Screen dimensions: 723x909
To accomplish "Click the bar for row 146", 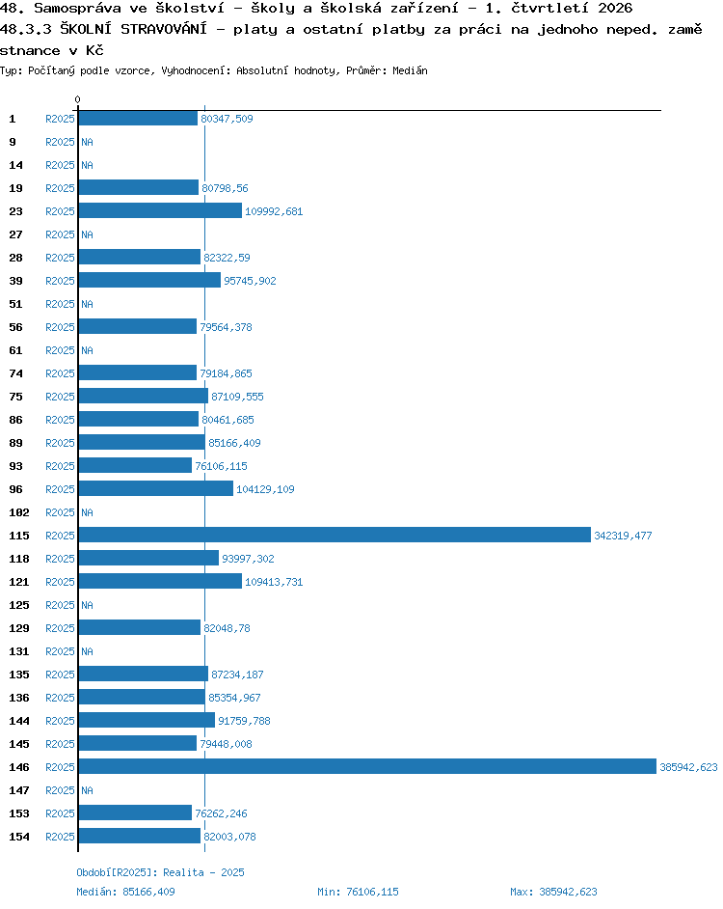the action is pos(367,766).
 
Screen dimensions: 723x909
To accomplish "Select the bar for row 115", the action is pos(335,535).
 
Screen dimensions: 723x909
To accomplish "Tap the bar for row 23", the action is pos(160,210).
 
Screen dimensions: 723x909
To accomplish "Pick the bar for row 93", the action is pos(135,465).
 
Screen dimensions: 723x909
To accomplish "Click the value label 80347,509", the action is pos(227,119).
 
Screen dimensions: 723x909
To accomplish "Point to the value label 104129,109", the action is pos(265,489).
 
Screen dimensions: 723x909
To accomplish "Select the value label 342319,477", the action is pos(623,536).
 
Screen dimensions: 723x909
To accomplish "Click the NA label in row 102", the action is pos(87,512).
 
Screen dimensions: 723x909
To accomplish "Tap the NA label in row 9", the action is pos(87,142).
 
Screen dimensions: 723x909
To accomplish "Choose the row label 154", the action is pos(19,837).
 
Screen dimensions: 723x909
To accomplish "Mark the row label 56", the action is pos(15,327).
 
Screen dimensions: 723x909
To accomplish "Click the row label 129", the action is pos(19,628).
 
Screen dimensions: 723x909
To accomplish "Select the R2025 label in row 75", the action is pos(60,397).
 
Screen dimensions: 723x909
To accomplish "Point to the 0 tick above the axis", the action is pos(78,99).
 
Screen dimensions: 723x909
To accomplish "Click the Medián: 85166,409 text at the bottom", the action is pos(125,892).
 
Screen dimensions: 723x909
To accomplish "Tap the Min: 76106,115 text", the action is pos(358,892).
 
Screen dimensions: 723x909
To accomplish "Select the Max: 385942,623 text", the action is pos(553,892).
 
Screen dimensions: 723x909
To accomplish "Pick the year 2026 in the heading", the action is pos(615,8).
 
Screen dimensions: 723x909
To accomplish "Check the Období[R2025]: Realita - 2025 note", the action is pos(160,872).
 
